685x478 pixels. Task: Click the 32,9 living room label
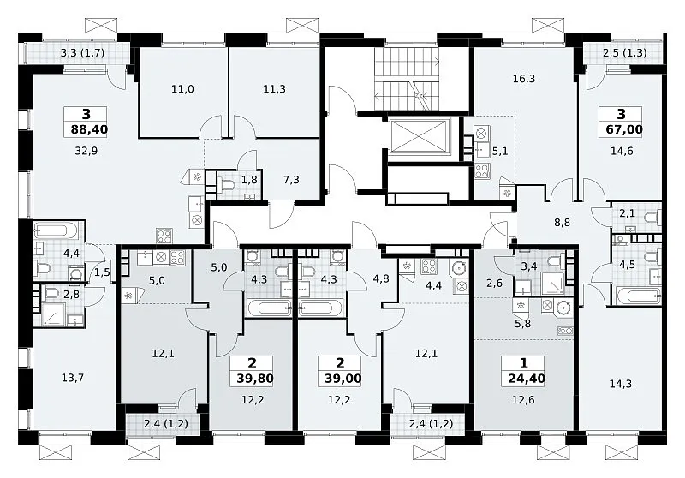pos(86,151)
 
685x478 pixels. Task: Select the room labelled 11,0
pos(182,89)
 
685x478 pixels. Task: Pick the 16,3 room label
pos(524,79)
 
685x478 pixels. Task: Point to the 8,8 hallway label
pos(563,223)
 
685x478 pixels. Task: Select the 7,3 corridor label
pos(291,180)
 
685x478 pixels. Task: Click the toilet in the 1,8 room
pos(225,186)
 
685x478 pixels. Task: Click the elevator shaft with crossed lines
pos(418,136)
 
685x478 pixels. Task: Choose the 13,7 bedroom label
pos(73,378)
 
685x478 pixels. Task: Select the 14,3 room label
pos(620,384)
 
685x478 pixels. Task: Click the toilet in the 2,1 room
pos(653,217)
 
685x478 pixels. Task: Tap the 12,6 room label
pos(523,400)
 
